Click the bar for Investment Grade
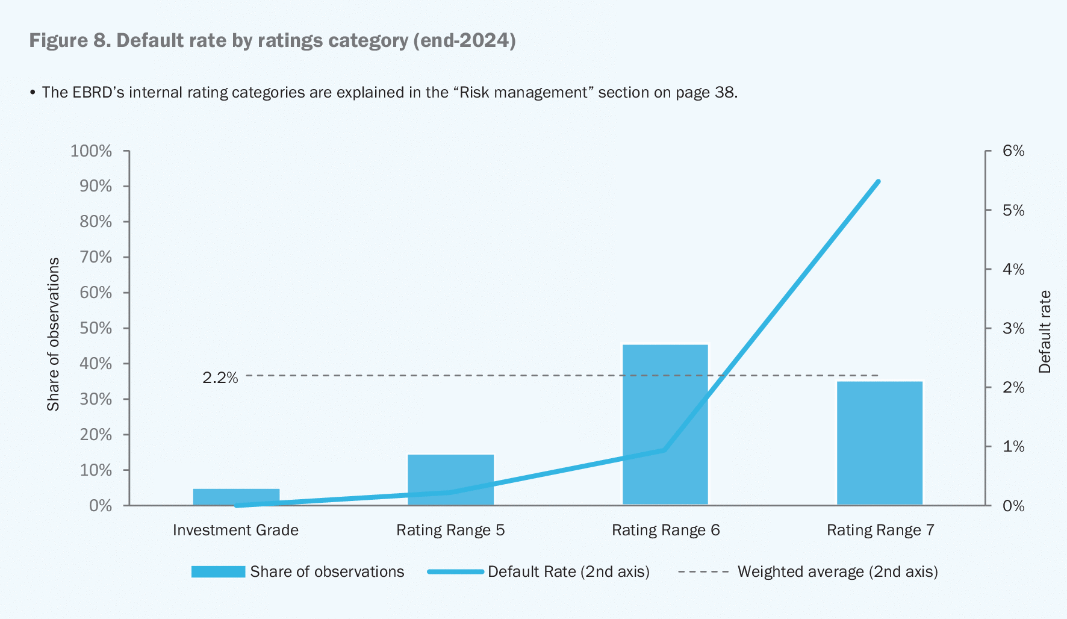tap(236, 496)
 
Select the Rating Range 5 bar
tap(450, 479)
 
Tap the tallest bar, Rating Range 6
tap(665, 424)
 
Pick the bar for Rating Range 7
tap(879, 443)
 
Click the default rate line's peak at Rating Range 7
tap(879, 181)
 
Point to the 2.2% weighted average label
tap(220, 378)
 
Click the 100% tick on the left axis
tap(92, 151)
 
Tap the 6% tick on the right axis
tap(1013, 151)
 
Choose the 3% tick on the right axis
tap(1013, 328)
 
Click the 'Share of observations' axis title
tap(54, 334)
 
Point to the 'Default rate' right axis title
tap(1045, 331)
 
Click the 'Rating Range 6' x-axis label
tap(665, 530)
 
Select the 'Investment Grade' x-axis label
tap(235, 530)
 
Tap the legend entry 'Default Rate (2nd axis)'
tap(568, 571)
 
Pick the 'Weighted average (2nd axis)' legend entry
tap(837, 571)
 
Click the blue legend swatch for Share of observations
tap(218, 571)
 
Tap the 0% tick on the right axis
tap(1013, 506)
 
